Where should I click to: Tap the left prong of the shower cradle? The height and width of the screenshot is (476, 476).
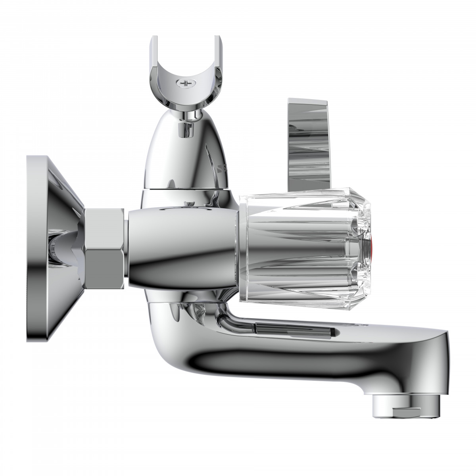(156, 59)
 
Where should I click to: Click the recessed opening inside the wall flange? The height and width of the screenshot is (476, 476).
(56, 248)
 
